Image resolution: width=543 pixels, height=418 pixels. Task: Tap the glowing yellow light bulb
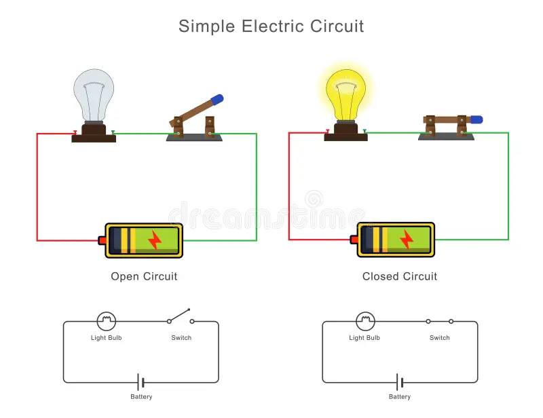pos(345,95)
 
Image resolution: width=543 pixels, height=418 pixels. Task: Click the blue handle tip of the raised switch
pos(217,100)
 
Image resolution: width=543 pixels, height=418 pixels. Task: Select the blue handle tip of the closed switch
pos(476,120)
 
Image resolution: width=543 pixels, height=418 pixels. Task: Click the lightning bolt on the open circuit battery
pos(155,240)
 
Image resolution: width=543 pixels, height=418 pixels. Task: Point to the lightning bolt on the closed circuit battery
pos(407,239)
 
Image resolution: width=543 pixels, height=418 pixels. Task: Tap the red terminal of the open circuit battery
pos(102,240)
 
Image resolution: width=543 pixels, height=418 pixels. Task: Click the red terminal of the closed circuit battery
pos(354,240)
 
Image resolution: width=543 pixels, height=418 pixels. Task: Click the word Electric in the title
pos(272,26)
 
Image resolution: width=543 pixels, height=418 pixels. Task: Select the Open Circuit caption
pos(144,276)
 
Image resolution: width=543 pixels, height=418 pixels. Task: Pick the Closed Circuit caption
pos(400,276)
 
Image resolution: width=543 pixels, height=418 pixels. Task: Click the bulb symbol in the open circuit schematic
pos(107,321)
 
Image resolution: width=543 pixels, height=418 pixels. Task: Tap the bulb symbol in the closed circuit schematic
pos(365,321)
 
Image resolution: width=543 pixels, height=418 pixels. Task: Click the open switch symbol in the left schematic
pos(180,316)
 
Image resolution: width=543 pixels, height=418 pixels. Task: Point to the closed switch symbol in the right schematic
pos(439,322)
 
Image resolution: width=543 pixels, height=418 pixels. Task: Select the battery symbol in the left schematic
pos(141,382)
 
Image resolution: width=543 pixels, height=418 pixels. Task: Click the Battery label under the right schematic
pos(400,396)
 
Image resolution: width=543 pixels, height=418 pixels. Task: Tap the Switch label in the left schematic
pos(181,338)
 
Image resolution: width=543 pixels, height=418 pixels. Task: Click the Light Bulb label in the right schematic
pos(364,338)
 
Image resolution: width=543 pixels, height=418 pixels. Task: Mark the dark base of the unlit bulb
pos(94,133)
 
